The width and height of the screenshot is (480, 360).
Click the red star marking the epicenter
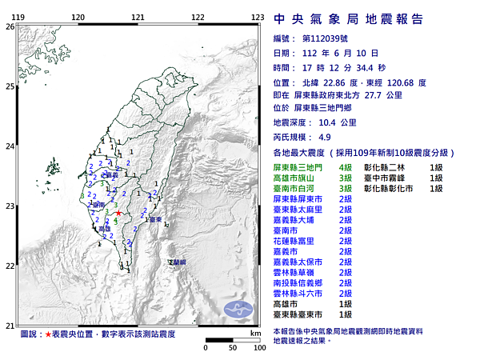[119, 214]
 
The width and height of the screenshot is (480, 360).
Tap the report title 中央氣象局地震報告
[348, 19]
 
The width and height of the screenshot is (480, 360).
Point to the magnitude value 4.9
[302, 137]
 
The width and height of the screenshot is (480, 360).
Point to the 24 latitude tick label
[9, 146]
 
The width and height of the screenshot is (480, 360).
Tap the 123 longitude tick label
[258, 17]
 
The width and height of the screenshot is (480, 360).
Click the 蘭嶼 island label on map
[176, 262]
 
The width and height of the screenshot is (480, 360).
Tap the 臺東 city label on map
[155, 218]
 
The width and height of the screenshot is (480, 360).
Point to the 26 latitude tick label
[9, 26]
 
